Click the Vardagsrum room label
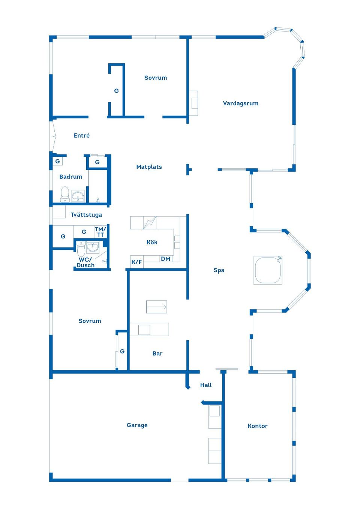pos(240,103)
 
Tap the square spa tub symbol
pos(268,270)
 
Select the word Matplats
pos(149,167)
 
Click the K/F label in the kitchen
pos(136,262)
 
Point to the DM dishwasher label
pos(165,259)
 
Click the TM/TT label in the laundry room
pos(100,232)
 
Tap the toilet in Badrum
pos(65,194)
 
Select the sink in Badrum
pos(78,196)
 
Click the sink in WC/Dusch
pos(93,247)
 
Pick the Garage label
pos(137,425)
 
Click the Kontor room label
pos(257,426)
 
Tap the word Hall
pos(206,385)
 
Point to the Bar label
pos(157,353)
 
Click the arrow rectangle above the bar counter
pos(156,307)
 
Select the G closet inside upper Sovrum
pos(116,91)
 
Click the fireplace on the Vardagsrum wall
pos(193,103)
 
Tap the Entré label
pos(82,136)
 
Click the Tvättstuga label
pos(86,215)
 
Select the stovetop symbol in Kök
pos(150,223)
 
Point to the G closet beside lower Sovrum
pos(122,352)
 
